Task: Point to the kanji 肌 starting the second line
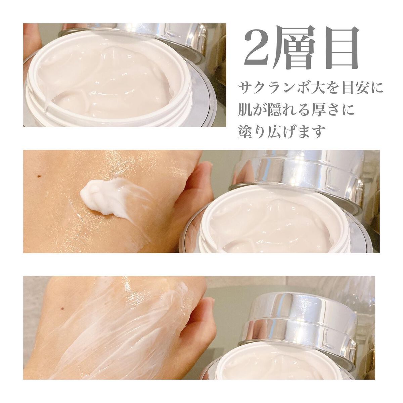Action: click(247, 111)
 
